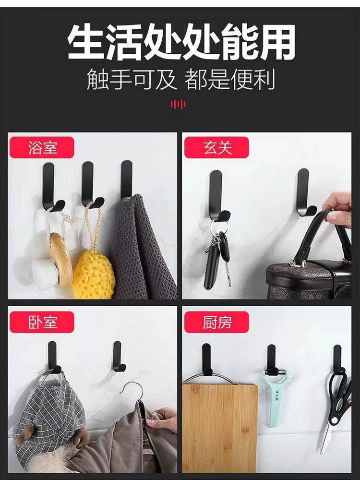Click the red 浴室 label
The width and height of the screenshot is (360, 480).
42,147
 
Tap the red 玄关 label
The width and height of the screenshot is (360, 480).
216,147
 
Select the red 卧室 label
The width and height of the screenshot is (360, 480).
42,322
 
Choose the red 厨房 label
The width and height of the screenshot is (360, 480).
216,322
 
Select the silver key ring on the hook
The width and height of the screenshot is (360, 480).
218,227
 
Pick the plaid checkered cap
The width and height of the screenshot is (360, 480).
49,420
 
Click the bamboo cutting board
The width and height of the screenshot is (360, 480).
220,428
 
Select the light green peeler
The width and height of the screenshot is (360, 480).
274,398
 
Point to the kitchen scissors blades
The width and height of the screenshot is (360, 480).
328,435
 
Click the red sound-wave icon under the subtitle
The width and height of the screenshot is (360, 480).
178,104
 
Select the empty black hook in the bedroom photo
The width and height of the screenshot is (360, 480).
118,357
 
